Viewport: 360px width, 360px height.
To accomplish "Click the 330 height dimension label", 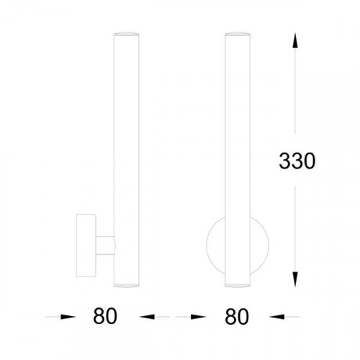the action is pyautogui.click(x=297, y=161).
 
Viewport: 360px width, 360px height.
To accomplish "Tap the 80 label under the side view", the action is pyautogui.click(x=105, y=316).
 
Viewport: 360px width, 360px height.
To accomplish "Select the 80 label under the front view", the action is pyautogui.click(x=237, y=317).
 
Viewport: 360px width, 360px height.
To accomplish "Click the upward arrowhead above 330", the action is pyautogui.click(x=295, y=41).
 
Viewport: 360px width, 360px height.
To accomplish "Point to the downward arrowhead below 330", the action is pyautogui.click(x=295, y=279).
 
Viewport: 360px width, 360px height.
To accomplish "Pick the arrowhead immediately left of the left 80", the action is pyautogui.click(x=68, y=317).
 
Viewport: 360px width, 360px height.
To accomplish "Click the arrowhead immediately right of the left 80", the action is pyautogui.click(x=147, y=317).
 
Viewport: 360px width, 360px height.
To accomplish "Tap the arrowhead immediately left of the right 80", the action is pyautogui.click(x=198, y=317).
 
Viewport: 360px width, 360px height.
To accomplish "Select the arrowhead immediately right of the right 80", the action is pyautogui.click(x=277, y=317).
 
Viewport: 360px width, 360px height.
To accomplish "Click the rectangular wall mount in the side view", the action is pyautogui.click(x=86, y=246).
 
